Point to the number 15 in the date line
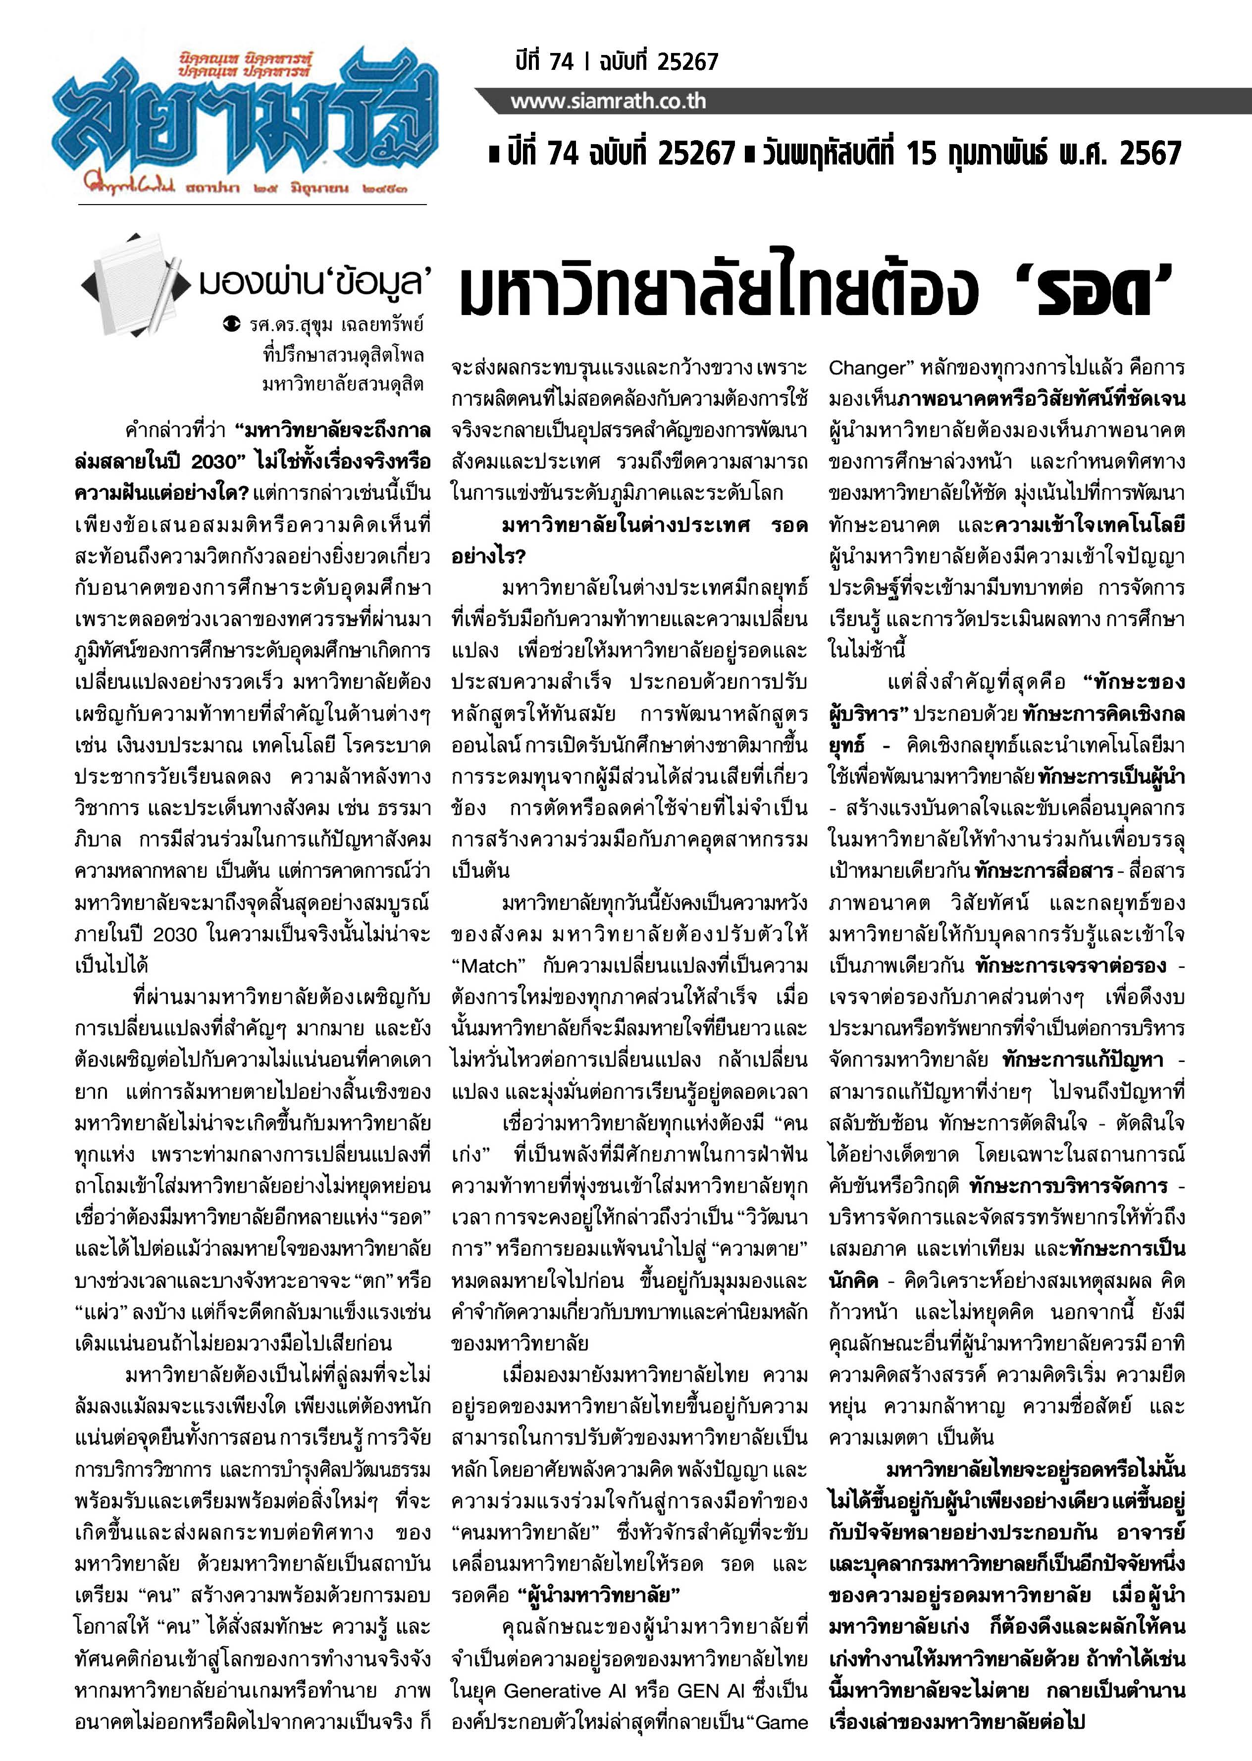921,154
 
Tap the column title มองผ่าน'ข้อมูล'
312,283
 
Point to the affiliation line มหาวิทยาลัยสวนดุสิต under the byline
343,383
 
